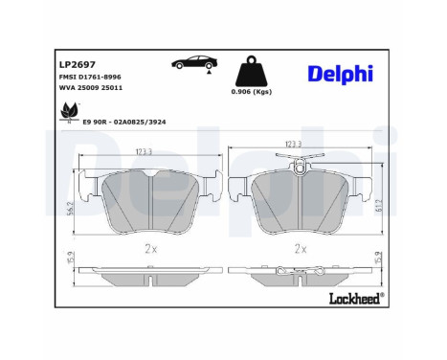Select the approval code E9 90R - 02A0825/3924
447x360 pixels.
pyautogui.click(x=133, y=123)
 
